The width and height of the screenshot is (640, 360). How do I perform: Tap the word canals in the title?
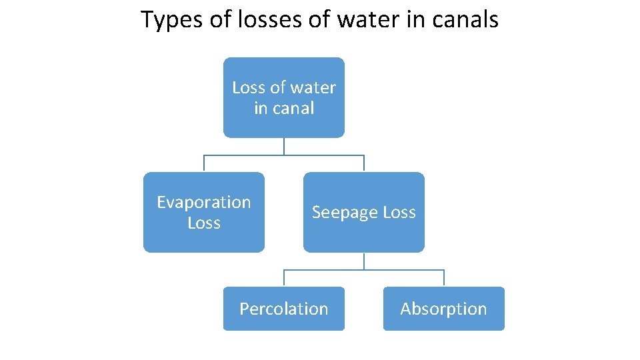tap(467, 20)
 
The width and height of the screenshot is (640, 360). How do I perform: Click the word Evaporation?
tap(204, 202)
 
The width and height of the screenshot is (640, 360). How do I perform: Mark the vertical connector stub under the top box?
tap(284, 146)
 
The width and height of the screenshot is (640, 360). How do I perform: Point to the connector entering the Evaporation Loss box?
tap(204, 164)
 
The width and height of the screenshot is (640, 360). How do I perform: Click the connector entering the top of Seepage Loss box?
tap(364, 164)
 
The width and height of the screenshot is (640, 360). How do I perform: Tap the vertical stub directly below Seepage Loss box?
tap(364, 261)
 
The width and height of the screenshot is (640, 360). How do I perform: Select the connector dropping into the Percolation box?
tap(284, 279)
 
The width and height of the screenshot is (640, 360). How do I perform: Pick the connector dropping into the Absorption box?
tap(444, 279)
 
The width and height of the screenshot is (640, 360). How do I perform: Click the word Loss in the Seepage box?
tap(399, 213)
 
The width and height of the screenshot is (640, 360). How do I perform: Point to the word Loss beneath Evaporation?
tap(204, 223)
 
